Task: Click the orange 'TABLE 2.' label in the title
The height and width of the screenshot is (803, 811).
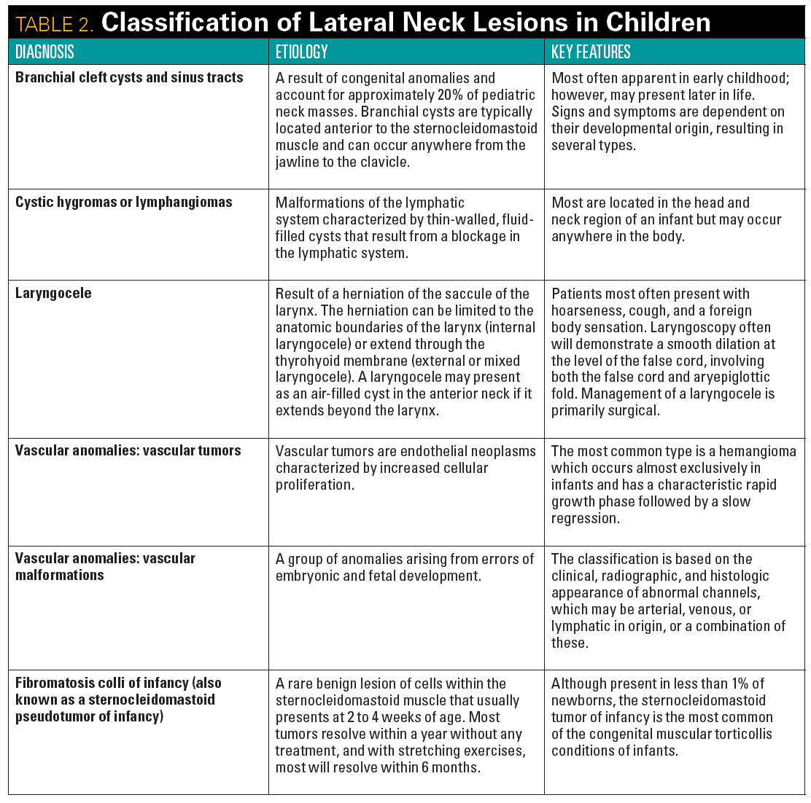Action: (55, 23)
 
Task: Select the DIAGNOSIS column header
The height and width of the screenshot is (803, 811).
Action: (44, 52)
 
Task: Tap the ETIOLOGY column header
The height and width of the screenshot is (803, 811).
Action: (302, 52)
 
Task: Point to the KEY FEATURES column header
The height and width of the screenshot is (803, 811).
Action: (591, 52)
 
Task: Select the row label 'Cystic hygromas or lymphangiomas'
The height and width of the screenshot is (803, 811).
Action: (124, 202)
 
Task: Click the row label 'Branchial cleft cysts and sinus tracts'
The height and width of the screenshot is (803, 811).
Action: (129, 77)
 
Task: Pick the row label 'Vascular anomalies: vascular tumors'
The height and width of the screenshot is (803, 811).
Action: (128, 450)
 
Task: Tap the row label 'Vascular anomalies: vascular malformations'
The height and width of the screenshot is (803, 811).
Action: (105, 566)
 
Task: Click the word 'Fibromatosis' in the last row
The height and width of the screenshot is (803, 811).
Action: (57, 683)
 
